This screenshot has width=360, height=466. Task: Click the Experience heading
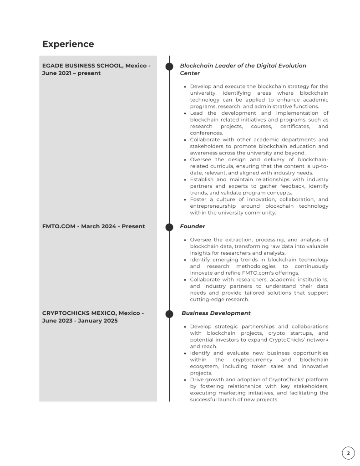coord(68,44)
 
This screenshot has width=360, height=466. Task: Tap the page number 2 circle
coord(348,453)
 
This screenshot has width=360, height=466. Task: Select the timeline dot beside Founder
coord(169,226)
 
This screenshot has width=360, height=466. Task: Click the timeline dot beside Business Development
coord(169,313)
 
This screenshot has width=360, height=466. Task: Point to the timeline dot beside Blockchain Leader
coord(169,67)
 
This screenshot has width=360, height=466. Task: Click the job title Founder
coord(193,226)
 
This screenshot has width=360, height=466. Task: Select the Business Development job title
coord(216,313)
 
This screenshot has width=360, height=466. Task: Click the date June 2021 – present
coord(71,73)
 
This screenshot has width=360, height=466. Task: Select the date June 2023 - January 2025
coord(80,321)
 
